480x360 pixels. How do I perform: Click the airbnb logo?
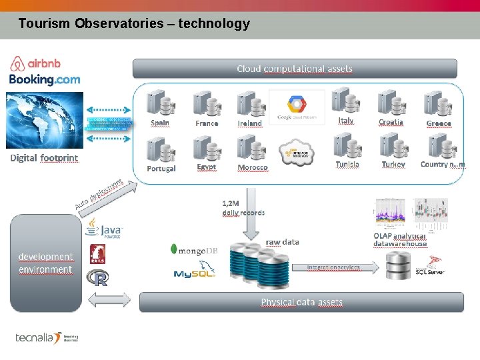click(36, 63)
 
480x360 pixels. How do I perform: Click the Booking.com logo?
click(45, 79)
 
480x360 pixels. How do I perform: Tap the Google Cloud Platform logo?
click(297, 107)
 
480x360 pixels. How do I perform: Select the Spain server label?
click(160, 123)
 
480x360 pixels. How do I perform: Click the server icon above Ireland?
click(249, 104)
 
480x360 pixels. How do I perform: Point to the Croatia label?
click(391, 122)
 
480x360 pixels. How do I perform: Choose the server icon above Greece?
click(437, 103)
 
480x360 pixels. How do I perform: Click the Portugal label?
click(161, 169)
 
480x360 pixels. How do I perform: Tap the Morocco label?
click(253, 168)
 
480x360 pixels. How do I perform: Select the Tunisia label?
click(347, 164)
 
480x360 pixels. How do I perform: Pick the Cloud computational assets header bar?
click(295, 69)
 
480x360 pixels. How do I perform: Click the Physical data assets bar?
click(301, 302)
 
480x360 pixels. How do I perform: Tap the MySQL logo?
click(194, 273)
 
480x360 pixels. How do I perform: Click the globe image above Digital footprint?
click(45, 119)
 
